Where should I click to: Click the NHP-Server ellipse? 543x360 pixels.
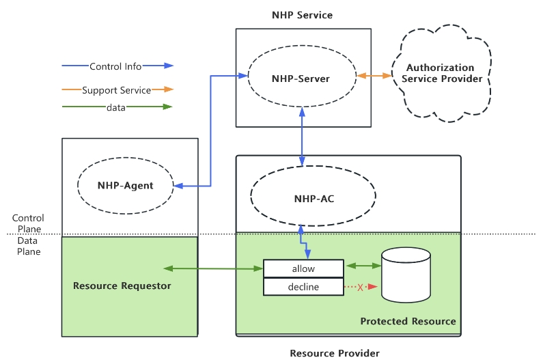pos(301,79)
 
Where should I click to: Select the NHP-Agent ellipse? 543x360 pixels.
pos(125,185)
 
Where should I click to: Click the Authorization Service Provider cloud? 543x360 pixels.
pos(440,74)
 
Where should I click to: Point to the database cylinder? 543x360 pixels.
pos(406,275)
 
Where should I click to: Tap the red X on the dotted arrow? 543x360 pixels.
pos(360,288)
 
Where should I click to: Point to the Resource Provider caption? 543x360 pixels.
pos(335,352)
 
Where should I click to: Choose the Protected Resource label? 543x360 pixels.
pos(408,321)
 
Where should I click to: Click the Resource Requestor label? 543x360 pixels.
pos(122,286)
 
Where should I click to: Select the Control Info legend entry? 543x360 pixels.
pos(116,66)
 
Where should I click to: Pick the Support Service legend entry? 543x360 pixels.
pos(116,89)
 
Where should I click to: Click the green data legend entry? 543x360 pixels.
pos(116,107)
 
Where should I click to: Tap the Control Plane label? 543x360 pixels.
pos(28,223)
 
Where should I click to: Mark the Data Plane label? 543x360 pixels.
pos(28,246)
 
